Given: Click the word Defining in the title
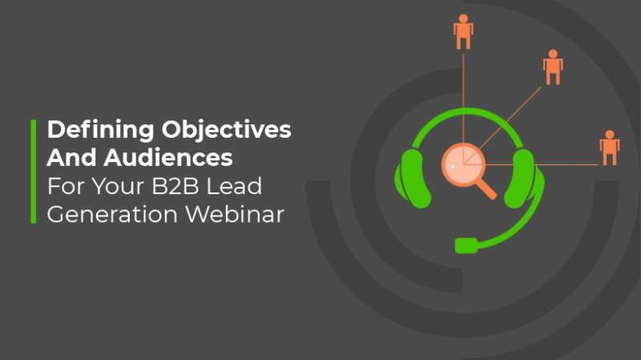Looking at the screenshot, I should tap(88, 130).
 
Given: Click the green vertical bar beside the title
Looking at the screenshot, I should tap(34, 172).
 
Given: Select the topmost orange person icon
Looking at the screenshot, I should tap(463, 31).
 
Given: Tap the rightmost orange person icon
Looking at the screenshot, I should tap(610, 148).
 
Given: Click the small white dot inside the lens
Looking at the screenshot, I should tap(453, 166).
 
